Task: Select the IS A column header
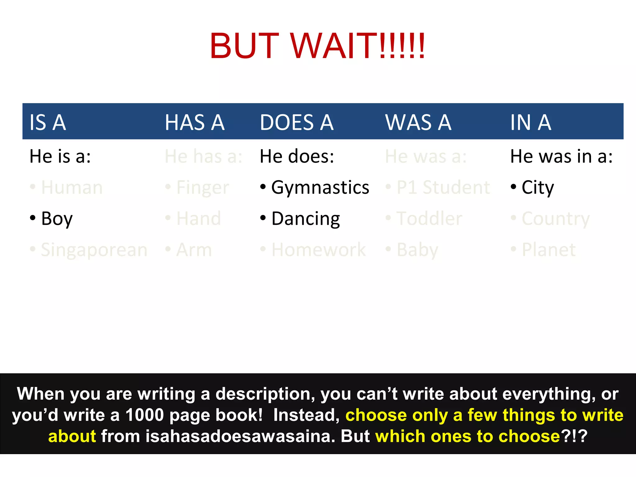coord(48,122)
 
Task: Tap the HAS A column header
coord(195,122)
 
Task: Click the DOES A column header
coord(297,122)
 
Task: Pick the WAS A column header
coord(418,122)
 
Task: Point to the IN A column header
coord(531,122)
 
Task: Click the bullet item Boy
coord(57,219)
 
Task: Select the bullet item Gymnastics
coord(320,188)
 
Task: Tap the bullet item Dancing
coord(306,219)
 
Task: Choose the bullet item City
coord(538,188)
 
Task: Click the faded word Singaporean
coord(94,250)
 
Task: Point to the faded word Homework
coord(319,250)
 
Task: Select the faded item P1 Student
coord(443,188)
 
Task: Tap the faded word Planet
coord(549,250)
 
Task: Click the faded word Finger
coord(202,188)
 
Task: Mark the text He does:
coord(297,156)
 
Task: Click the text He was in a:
coord(561,156)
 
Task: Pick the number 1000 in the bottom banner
coord(144,415)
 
